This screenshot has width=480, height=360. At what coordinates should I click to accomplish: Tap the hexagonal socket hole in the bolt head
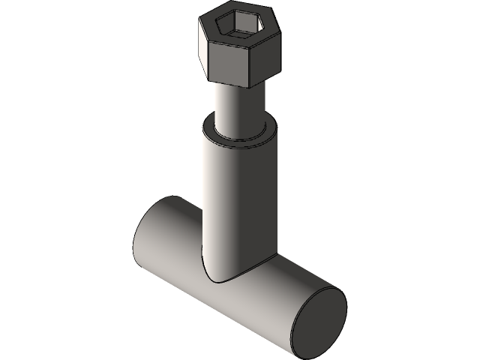[238, 27]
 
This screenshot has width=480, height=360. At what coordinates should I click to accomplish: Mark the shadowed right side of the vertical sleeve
[255, 202]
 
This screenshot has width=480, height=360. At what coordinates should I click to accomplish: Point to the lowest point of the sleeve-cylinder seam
[217, 282]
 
